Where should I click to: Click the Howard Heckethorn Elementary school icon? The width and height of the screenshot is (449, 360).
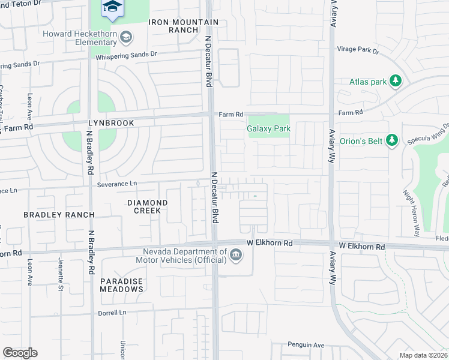pos(125,38)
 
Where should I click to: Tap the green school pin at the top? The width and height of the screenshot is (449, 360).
pos(110,7)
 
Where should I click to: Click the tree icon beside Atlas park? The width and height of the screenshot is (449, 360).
pos(395,81)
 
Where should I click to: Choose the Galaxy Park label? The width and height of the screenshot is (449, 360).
pos(268,128)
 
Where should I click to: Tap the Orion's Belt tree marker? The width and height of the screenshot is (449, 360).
pos(391,140)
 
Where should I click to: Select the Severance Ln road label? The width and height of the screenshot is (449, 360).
pos(117,184)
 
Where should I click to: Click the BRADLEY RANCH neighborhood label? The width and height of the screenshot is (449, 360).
pos(59,214)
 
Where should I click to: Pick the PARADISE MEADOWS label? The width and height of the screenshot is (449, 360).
pos(122,285)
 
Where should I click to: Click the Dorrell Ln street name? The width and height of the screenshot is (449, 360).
pos(113,313)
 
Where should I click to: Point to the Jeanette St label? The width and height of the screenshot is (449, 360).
pos(61,267)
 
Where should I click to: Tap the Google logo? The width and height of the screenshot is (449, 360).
pos(20,353)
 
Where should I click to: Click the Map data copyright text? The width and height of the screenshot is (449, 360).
pos(424,355)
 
